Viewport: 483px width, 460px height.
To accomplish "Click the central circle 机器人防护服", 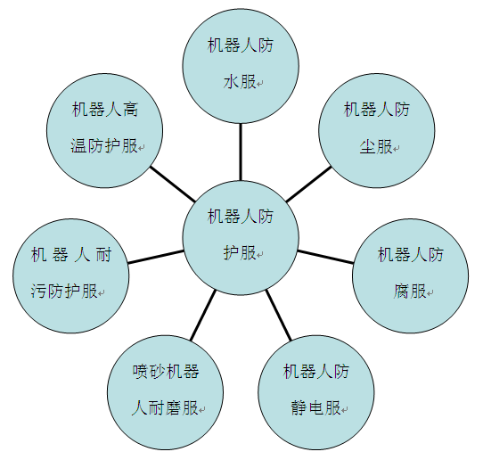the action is [x=241, y=237].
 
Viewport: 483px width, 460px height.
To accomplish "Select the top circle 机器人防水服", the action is [x=241, y=66].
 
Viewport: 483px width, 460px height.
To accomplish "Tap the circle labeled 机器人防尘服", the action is [x=377, y=131].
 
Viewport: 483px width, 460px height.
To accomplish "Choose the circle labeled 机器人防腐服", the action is [x=411, y=276].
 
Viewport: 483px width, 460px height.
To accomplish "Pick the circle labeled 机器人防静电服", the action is [x=316, y=392].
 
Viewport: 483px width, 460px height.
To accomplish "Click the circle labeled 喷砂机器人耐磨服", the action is [x=166, y=392].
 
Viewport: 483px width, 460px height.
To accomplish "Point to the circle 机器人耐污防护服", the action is [x=71, y=276].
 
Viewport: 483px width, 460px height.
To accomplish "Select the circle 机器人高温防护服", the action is [x=105, y=131].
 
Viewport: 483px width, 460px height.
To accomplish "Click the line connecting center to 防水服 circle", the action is [x=241, y=152].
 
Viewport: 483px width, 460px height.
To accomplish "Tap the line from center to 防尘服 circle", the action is [x=308, y=185].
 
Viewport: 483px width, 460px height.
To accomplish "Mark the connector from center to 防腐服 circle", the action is [x=325, y=257].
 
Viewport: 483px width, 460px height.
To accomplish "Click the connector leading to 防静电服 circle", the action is [x=278, y=315].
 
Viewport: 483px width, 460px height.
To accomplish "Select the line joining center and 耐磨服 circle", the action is [x=203, y=315].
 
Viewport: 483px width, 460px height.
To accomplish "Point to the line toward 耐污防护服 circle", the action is [x=156, y=257].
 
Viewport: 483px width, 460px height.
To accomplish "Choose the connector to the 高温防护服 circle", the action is [x=173, y=185].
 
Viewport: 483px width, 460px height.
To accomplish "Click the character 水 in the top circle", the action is [x=231, y=82].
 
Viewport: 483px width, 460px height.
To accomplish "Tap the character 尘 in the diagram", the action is [x=367, y=147].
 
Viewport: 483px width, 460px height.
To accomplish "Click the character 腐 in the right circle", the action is [x=401, y=292].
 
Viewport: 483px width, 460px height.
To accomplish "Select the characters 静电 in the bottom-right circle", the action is [x=307, y=408].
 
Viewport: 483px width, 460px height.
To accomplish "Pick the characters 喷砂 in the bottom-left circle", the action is [x=149, y=371].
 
